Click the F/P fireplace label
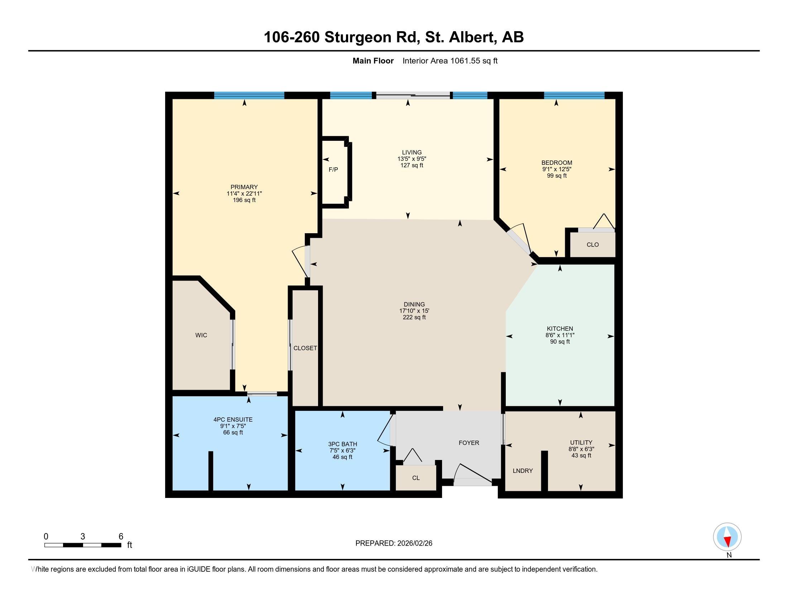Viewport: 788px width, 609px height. (x=333, y=169)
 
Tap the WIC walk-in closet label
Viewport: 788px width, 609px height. (x=201, y=335)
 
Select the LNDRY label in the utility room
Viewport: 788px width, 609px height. (x=523, y=471)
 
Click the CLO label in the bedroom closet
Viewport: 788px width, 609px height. (x=592, y=245)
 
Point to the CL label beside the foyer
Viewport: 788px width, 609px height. (x=415, y=478)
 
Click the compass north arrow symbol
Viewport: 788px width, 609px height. (x=727, y=537)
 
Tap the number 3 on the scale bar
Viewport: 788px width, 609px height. (x=83, y=537)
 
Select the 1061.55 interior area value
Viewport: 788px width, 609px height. (x=465, y=61)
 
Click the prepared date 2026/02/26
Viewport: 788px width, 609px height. (x=414, y=543)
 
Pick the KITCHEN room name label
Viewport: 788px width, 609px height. (x=559, y=329)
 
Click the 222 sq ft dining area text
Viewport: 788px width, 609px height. (x=414, y=317)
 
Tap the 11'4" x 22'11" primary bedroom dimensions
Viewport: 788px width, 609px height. (x=244, y=194)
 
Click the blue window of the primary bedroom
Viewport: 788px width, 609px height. (x=249, y=96)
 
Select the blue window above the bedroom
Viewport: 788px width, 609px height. (x=574, y=96)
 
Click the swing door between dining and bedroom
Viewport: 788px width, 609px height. (x=519, y=240)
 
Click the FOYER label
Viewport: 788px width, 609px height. (x=469, y=443)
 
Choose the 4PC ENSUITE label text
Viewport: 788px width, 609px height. (x=233, y=419)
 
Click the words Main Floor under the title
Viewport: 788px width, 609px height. (x=373, y=61)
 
